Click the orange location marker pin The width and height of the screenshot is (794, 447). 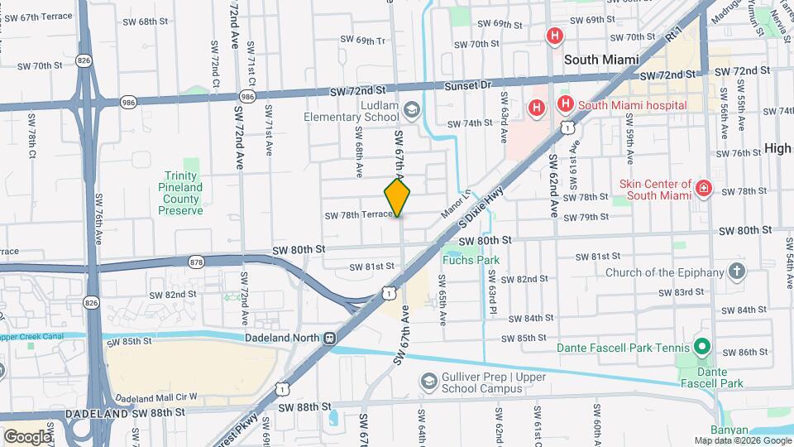398,197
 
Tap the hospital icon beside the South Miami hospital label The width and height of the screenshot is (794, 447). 566,104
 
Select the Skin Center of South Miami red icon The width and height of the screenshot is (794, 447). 704,189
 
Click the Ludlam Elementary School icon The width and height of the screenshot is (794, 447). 411,110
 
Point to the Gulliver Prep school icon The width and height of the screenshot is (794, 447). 428,382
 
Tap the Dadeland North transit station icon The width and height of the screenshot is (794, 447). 330,339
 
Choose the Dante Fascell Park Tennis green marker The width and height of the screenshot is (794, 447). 703,346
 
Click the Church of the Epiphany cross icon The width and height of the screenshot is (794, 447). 736,272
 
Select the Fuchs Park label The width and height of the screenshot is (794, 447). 471,260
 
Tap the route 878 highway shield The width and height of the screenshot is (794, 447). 196,262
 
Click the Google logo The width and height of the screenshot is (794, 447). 27,436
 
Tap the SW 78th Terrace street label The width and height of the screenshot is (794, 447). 357,214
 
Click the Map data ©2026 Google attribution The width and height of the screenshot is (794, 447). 742,440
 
